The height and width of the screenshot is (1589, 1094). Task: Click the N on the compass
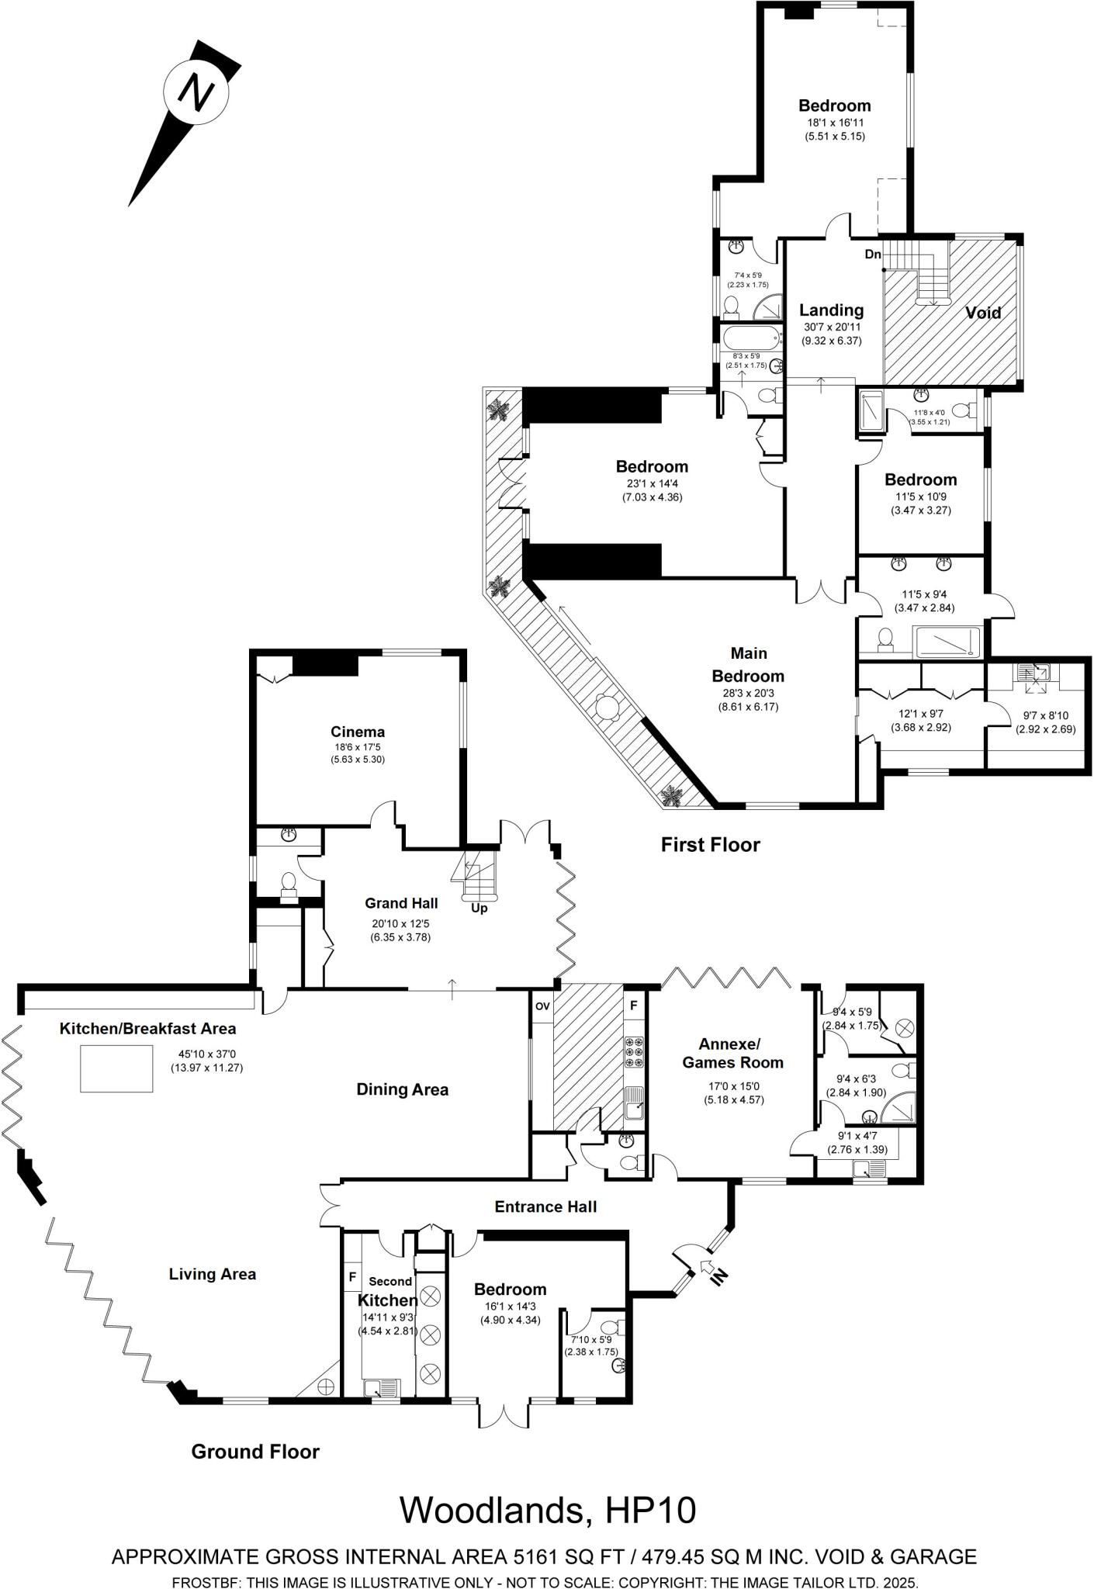pyautogui.click(x=196, y=92)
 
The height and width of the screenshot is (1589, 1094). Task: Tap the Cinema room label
pyautogui.click(x=358, y=732)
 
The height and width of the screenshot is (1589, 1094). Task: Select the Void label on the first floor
pyautogui.click(x=983, y=313)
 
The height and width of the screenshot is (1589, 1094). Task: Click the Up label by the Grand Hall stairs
pyautogui.click(x=479, y=908)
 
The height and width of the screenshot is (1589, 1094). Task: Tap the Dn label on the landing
pyautogui.click(x=873, y=254)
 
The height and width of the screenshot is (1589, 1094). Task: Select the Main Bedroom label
pyautogui.click(x=748, y=665)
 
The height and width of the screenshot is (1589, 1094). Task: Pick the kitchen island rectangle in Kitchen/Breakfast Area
pyautogui.click(x=117, y=1068)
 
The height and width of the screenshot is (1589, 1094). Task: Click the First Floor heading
pyautogui.click(x=710, y=845)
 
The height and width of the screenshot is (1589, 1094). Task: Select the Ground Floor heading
pyautogui.click(x=255, y=1452)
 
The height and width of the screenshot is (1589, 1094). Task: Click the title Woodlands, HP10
pyautogui.click(x=548, y=1510)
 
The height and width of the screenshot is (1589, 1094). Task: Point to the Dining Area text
pyautogui.click(x=402, y=1089)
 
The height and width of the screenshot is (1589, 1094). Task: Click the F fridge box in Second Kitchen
pyautogui.click(x=352, y=1276)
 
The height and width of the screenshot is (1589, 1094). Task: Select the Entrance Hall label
pyautogui.click(x=545, y=1206)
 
